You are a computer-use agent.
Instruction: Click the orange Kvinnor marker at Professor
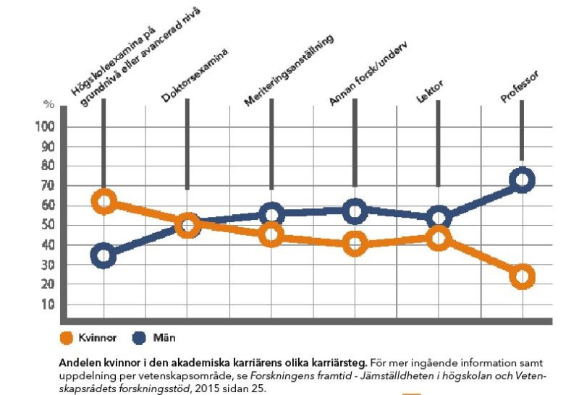[x=521, y=276]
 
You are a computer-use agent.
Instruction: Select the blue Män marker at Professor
[x=521, y=180]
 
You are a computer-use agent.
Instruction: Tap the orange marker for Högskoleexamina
[x=104, y=202]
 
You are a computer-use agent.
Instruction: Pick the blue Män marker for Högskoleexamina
[x=104, y=256]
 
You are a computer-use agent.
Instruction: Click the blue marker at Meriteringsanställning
[x=271, y=214]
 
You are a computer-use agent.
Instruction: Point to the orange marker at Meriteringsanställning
[x=271, y=235]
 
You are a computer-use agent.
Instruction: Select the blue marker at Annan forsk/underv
[x=355, y=212]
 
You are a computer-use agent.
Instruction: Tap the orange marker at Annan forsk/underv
[x=355, y=245]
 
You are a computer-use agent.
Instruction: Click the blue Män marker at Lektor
[x=438, y=218]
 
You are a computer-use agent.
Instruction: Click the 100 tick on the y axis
[x=49, y=127]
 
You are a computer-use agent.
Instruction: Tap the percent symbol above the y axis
[x=48, y=105]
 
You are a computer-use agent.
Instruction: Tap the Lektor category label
[x=431, y=93]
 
